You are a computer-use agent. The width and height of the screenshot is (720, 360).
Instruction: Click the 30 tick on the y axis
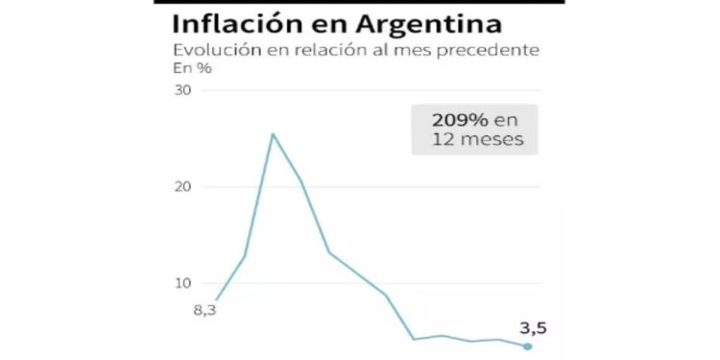click(182, 91)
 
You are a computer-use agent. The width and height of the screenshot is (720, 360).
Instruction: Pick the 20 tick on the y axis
click(182, 187)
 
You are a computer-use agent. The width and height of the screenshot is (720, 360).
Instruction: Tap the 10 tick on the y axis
click(182, 283)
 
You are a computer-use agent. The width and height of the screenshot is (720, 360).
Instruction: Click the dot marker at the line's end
click(527, 347)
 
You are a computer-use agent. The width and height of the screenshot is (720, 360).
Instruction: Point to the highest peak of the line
click(272, 133)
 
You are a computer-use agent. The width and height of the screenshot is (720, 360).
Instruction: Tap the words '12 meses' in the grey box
click(474, 140)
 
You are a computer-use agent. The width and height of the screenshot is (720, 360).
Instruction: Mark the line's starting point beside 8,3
click(216, 300)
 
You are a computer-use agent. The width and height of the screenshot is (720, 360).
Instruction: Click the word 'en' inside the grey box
click(505, 121)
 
